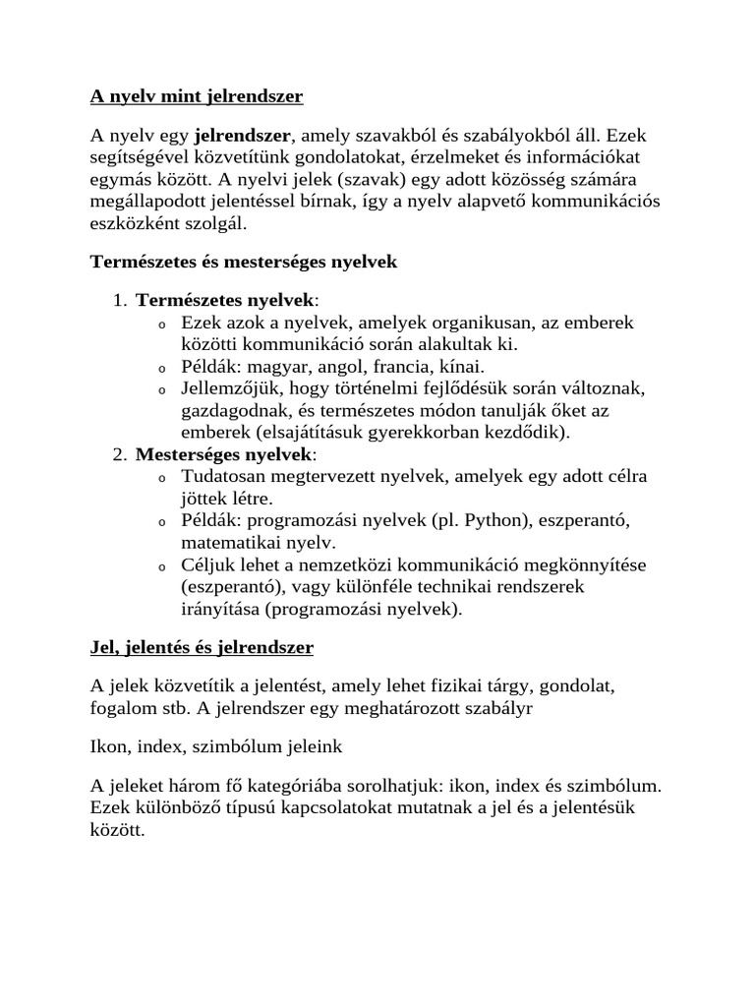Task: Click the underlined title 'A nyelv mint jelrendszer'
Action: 197,96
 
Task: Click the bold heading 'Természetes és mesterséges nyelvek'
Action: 244,263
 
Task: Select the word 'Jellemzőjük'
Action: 230,389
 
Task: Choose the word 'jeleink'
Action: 310,747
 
